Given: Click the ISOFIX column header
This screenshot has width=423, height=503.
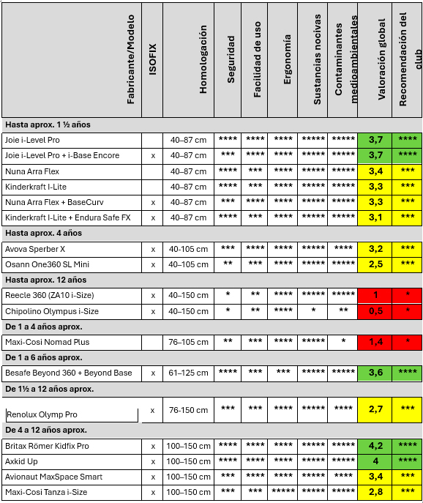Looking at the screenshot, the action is [x=152, y=59].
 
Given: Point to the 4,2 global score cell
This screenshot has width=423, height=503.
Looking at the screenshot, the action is [x=375, y=446].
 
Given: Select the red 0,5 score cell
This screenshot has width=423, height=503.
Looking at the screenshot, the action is [x=375, y=310].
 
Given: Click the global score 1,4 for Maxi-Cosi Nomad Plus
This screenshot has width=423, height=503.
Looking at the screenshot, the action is [x=375, y=342].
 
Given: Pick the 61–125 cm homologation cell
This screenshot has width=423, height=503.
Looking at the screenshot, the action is [x=188, y=373].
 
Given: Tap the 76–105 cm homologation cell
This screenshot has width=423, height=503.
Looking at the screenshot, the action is [x=188, y=342].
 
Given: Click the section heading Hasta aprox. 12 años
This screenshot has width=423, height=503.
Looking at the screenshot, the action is [x=45, y=280].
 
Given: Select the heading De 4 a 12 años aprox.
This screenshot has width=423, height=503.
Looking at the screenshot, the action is [x=46, y=430].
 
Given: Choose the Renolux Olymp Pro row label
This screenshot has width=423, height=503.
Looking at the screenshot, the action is [x=42, y=415].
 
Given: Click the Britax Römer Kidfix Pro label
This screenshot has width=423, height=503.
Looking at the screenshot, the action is [x=48, y=446].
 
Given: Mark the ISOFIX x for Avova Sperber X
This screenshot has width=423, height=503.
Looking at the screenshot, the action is [x=153, y=249].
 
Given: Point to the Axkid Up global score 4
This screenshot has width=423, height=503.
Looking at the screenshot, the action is [x=375, y=461].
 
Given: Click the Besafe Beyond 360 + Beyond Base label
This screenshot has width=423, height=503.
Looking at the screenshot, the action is [x=69, y=373].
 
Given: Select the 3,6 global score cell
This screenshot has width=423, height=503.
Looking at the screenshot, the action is [x=375, y=373].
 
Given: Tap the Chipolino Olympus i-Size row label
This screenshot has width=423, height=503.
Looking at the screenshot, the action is [x=52, y=310].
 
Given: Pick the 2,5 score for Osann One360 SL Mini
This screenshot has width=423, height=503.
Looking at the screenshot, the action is [x=375, y=264].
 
